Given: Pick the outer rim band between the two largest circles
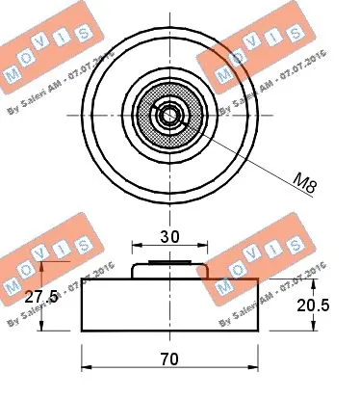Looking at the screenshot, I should [97, 115].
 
